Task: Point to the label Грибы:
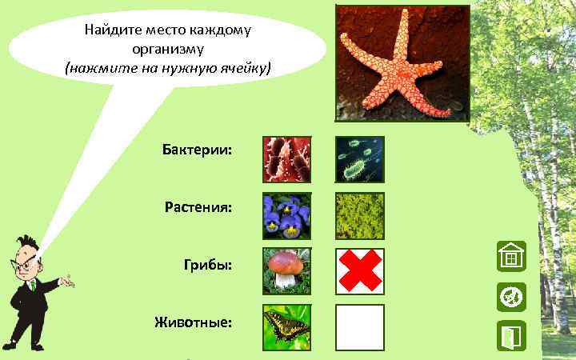click(x=208, y=264)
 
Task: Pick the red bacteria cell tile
click(x=287, y=159)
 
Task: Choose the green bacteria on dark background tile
click(x=359, y=159)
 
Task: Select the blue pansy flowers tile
click(x=287, y=216)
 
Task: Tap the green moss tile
click(x=359, y=216)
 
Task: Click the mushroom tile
click(x=287, y=271)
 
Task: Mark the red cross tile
click(x=359, y=271)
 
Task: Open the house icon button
click(x=510, y=257)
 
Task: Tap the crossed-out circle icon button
click(x=510, y=297)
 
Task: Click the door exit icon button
click(x=510, y=337)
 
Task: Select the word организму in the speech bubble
click(x=168, y=49)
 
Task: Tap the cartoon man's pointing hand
click(x=69, y=282)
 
